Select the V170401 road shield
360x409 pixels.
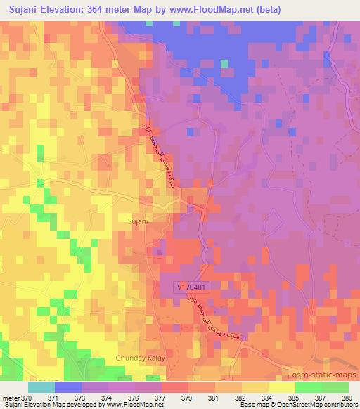(191, 287)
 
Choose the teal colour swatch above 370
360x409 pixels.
(41, 387)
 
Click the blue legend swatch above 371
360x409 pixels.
(68, 387)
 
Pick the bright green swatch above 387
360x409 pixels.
(308, 387)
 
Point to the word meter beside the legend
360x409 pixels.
(12, 398)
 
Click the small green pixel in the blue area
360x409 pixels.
(224, 63)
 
